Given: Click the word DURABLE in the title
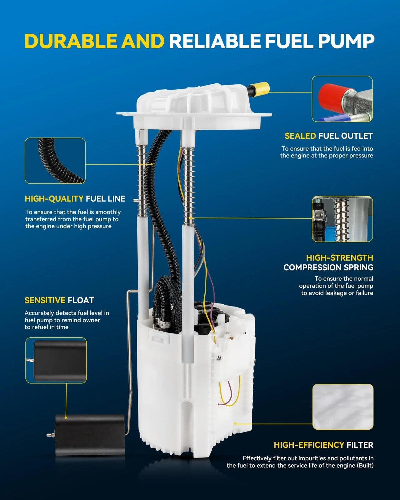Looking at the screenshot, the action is (x=71, y=41).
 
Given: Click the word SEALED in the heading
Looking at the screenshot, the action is (x=300, y=136).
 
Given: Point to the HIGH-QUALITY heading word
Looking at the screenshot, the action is (x=54, y=199).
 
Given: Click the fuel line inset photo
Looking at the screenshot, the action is (x=55, y=161).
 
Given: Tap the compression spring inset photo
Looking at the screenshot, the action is (x=342, y=219).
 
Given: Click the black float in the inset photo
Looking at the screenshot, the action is (x=60, y=361).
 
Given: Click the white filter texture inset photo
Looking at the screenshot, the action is (x=343, y=407).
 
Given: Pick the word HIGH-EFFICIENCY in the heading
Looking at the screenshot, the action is (x=309, y=445).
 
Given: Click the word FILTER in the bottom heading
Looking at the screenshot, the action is (x=360, y=445).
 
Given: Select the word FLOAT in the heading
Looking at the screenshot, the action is (x=81, y=300).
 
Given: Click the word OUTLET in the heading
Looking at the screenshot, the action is (x=358, y=136).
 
